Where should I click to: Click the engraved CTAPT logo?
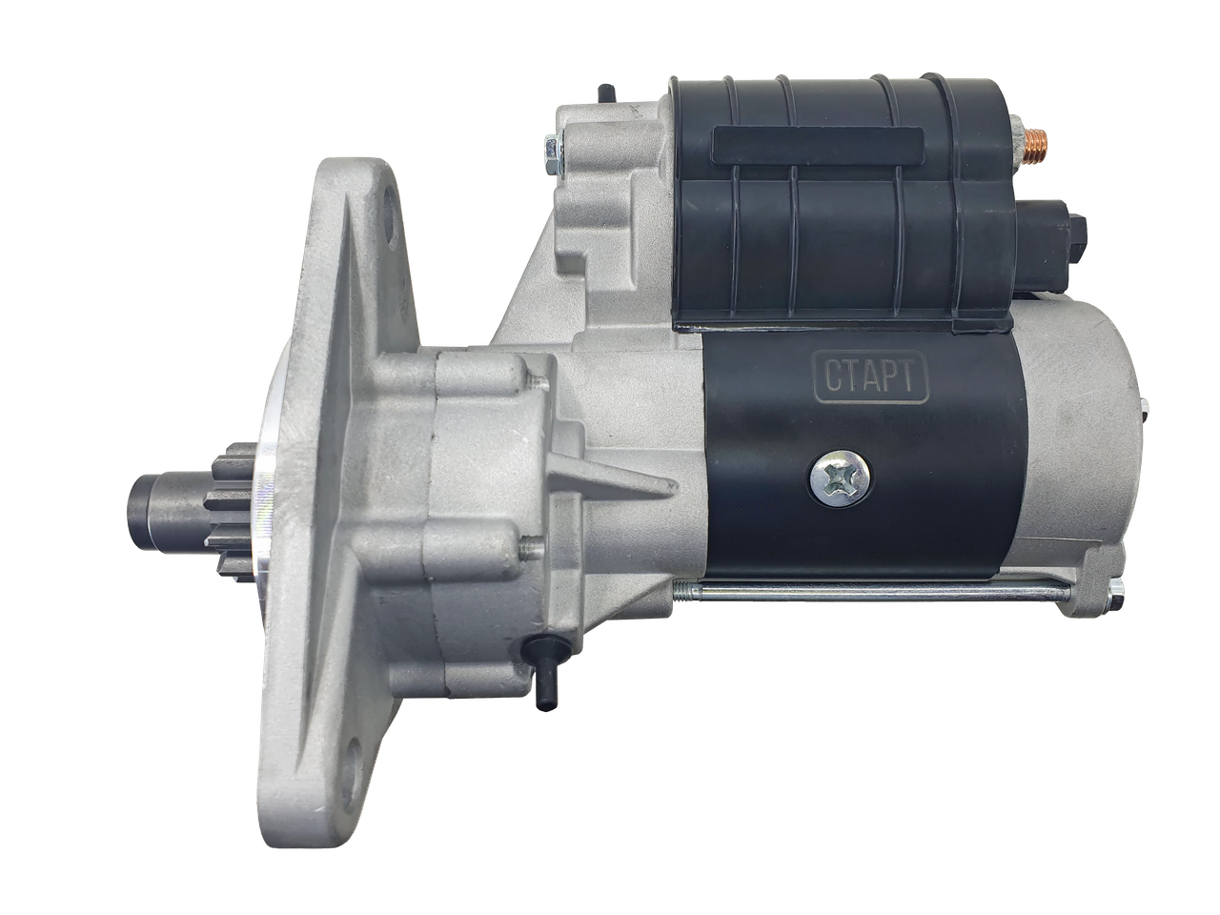(871, 377)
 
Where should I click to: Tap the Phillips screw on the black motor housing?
(840, 478)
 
